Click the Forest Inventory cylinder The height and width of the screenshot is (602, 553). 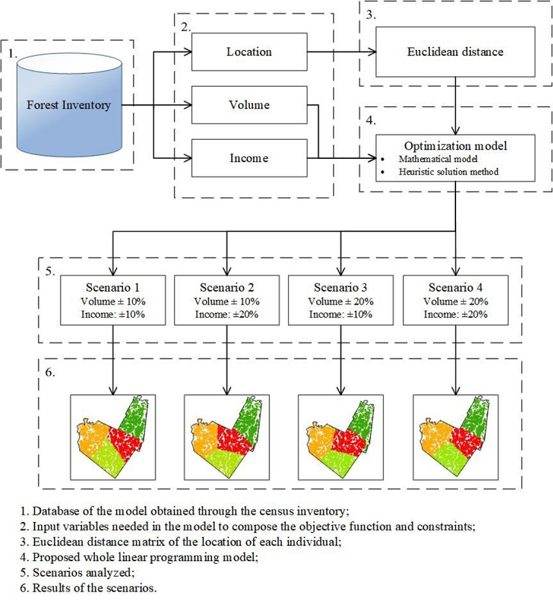coord(68,105)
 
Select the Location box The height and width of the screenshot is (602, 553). coord(249,51)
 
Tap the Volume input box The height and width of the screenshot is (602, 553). coord(249,105)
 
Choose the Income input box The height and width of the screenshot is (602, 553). coord(249,158)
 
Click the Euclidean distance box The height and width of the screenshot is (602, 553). coord(455,51)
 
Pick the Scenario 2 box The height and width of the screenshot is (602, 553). coord(226,300)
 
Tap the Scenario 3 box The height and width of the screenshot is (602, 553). coord(340,300)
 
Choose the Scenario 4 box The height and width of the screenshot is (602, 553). coord(455,300)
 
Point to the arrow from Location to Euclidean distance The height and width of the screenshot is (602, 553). coord(341,51)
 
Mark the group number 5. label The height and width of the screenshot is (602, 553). coord(49,268)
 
